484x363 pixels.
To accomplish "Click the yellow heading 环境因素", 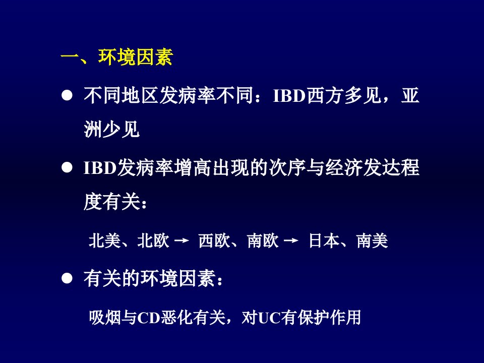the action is coord(135,57).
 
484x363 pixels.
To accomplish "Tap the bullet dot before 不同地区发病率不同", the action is coord(67,96).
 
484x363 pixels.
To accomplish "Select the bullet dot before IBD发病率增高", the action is coord(67,168).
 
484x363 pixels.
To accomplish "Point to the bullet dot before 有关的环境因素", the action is coord(67,278).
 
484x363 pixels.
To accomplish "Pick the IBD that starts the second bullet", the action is coord(100,168).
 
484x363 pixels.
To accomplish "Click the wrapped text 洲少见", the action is coord(112,129).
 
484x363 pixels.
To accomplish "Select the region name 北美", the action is coord(104,241).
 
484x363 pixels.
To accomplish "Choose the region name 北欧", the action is coord(153,241).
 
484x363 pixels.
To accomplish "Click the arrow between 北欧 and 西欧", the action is coord(181,240).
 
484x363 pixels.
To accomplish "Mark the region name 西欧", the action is coord(214,241).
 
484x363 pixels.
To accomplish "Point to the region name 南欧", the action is coord(263,241).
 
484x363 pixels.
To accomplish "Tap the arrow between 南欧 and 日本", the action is coord(291,240).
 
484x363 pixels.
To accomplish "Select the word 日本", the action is coord(324,241).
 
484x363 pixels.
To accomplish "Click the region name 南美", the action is coord(372,241).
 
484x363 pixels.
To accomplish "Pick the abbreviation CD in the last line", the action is coord(148,318).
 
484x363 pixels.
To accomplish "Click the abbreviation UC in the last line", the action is coord(269,318).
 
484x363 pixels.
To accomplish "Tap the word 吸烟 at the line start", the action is coord(105,317).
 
